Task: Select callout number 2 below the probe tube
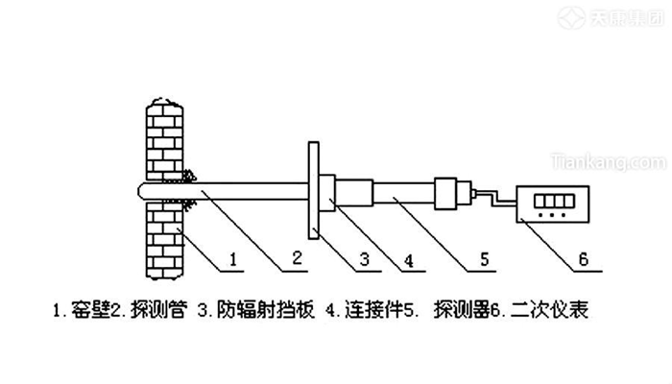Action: (298, 258)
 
